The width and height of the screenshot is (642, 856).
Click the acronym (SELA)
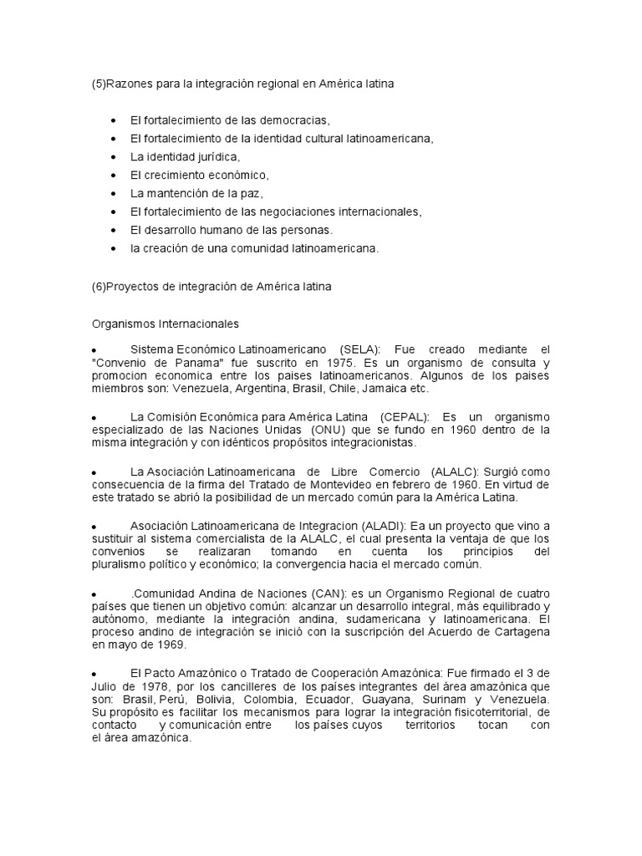359,348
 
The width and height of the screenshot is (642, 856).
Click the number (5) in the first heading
99,84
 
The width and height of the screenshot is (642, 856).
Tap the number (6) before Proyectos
99,286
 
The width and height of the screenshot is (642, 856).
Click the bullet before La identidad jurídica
113,157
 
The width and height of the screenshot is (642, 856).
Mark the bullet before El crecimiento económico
113,176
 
